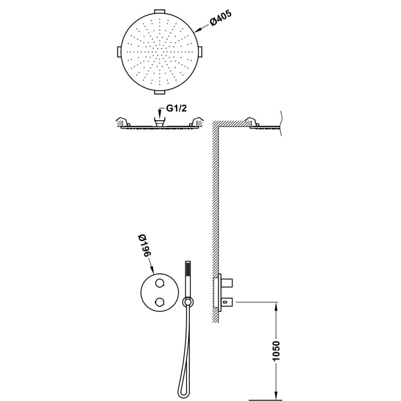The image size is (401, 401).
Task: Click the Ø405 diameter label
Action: tap(221, 17)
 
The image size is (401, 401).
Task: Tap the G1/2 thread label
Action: tap(177, 109)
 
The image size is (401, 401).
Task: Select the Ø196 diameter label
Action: tap(145, 246)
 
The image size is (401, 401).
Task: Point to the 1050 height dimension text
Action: tap(276, 351)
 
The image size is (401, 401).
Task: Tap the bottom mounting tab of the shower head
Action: tap(160, 92)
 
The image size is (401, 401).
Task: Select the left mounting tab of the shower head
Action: tap(119, 52)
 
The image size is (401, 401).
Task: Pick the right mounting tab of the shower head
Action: tap(200, 52)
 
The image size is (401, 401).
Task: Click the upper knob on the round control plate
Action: tap(160, 283)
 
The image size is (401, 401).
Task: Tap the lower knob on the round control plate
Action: tap(160, 302)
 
